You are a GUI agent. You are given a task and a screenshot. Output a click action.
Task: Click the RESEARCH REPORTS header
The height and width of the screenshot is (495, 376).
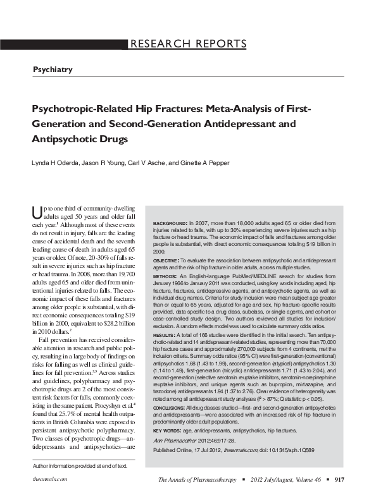[x=189, y=44]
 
